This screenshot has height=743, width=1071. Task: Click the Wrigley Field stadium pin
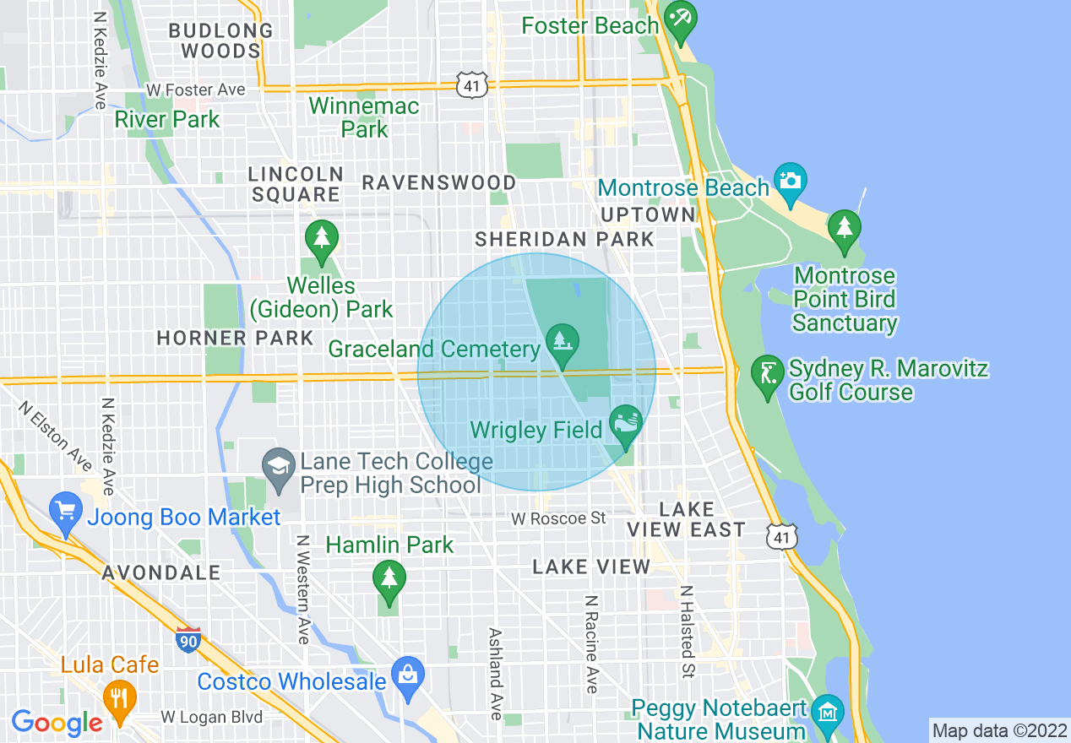(x=625, y=421)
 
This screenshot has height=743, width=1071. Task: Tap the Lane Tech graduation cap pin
(x=278, y=467)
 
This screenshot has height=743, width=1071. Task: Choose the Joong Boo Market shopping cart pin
(x=67, y=512)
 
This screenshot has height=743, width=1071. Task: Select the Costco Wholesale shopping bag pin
(x=408, y=676)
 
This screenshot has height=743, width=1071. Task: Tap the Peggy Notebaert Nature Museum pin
(x=828, y=712)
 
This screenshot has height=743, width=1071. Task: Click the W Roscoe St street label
(x=558, y=518)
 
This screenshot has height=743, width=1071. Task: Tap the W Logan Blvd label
(x=211, y=718)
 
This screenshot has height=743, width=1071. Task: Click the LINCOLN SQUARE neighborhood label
(x=296, y=184)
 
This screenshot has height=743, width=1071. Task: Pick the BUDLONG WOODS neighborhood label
(x=220, y=41)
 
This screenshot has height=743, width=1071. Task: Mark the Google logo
(x=57, y=723)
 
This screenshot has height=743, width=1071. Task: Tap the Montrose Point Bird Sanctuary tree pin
(x=844, y=229)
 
